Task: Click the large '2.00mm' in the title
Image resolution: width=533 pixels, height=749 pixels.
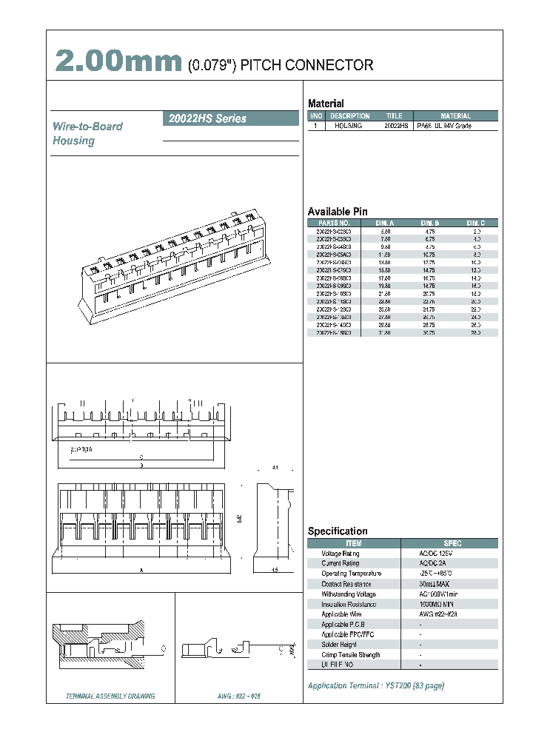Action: [x=118, y=62]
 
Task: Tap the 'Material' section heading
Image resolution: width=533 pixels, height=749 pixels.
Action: [x=326, y=104]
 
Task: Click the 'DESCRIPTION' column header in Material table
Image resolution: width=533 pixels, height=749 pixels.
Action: [x=350, y=116]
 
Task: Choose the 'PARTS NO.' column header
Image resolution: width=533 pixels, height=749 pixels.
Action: [x=334, y=223]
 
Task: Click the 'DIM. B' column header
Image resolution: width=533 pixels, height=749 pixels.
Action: [x=430, y=223]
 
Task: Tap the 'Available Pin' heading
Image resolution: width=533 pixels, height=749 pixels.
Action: [x=338, y=211]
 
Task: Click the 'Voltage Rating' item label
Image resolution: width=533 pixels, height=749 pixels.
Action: [x=341, y=554]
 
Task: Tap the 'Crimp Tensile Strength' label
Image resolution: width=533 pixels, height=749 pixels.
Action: [x=351, y=655]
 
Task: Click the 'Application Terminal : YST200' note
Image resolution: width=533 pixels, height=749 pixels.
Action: [x=376, y=686]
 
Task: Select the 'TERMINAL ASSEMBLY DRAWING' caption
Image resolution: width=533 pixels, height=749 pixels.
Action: [x=110, y=697]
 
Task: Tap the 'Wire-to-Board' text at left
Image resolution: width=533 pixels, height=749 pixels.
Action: [x=87, y=127]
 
